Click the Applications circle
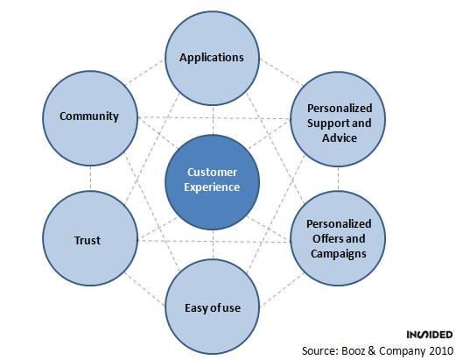click(212, 58)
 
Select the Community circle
click(90, 118)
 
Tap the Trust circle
click(90, 238)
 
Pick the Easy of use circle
click(212, 307)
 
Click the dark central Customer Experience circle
click(212, 182)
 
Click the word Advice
click(340, 138)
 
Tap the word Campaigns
click(339, 254)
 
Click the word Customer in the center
click(212, 173)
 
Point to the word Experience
click(212, 187)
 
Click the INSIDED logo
click(430, 335)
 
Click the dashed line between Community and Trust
click(90, 179)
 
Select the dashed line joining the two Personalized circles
click(339, 179)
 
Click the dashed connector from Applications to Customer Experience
click(213, 120)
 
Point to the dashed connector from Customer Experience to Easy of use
click(213, 244)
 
